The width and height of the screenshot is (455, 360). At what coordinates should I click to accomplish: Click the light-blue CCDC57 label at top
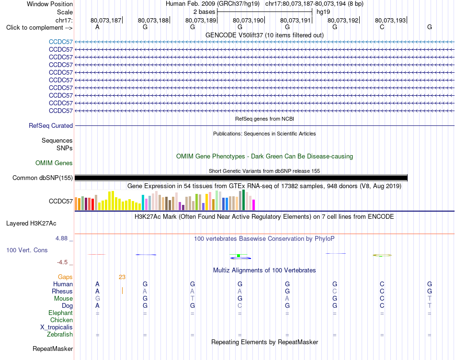tap(61, 42)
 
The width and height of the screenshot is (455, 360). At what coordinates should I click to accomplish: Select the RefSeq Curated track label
tap(51, 125)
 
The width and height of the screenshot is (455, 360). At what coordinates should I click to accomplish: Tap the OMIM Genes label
tap(54, 163)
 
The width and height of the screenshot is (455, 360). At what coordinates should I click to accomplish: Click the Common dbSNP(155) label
tap(43, 178)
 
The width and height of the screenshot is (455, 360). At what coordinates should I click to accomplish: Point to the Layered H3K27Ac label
tap(31, 224)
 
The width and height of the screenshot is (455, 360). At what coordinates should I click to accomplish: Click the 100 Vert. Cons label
tap(27, 250)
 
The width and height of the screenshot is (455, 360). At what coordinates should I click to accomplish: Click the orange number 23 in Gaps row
tap(122, 277)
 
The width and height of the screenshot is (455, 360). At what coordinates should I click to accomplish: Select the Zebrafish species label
tap(60, 335)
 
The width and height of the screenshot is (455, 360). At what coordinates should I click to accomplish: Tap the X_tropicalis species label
tap(57, 327)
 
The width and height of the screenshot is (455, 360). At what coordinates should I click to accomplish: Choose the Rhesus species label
tap(62, 291)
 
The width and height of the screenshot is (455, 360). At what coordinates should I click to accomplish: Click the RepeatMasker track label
tap(53, 349)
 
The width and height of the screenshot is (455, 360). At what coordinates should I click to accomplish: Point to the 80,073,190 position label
tap(248, 20)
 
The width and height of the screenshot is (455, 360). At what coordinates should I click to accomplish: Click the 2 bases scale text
tap(205, 12)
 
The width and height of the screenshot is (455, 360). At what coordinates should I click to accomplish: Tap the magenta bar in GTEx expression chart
tap(254, 205)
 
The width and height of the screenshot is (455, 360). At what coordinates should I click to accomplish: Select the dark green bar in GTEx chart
tap(244, 200)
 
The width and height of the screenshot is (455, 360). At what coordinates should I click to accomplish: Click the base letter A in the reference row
tap(98, 27)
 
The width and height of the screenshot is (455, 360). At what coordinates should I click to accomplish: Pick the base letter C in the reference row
tap(382, 27)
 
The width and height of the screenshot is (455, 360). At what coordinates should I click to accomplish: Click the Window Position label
tap(50, 4)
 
